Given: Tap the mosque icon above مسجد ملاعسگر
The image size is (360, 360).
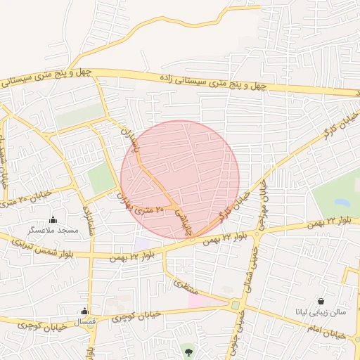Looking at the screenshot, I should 53,220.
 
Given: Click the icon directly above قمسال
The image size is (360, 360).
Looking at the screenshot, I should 85,311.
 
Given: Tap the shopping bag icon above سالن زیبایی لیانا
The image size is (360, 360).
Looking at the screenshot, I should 321,301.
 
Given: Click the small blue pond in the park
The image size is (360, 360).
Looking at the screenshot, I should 342,202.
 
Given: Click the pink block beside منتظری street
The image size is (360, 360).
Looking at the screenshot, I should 195,301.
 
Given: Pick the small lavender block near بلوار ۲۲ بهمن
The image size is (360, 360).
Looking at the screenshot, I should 143,243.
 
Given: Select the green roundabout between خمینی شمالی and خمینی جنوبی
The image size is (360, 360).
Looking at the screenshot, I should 234,305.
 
